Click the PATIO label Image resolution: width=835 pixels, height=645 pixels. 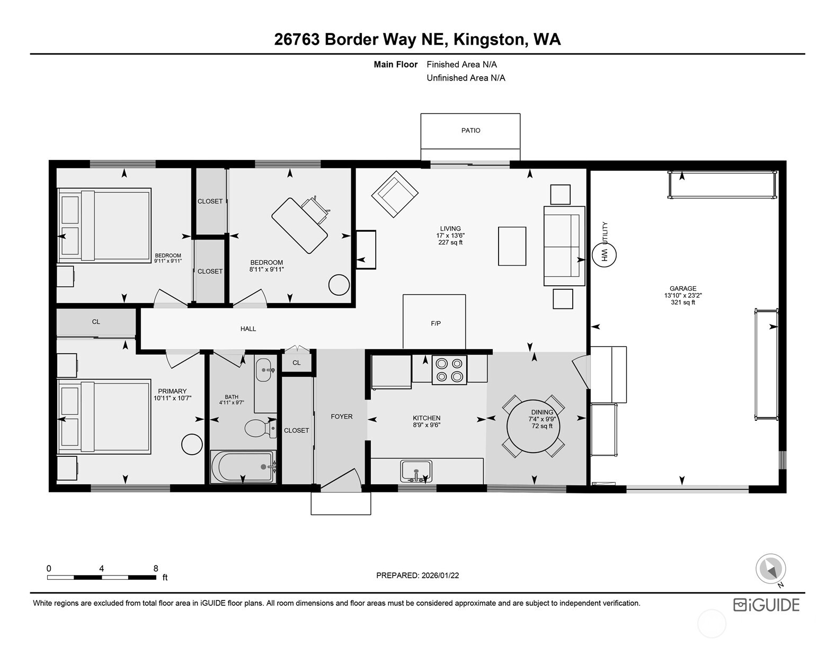pos(470,130)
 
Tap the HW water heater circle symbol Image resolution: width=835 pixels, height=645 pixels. pos(603,254)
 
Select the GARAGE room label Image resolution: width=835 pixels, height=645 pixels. pos(682,289)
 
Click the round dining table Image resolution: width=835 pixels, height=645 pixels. pos(534,426)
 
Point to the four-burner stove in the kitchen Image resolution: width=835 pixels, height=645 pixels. pos(449,369)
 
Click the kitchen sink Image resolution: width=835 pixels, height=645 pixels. pos(416,471)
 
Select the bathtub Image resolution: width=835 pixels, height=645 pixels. pos(243,467)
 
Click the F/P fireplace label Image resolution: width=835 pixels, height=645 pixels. pos(436,323)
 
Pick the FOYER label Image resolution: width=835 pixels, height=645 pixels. pos(341,417)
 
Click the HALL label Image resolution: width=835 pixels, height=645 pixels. pos(248,329)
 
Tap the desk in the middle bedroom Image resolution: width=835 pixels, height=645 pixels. pos(299,225)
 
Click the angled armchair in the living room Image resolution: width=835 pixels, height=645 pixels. pos(395,193)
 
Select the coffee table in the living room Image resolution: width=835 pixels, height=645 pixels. pos(512,246)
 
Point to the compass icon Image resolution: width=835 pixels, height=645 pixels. pos(770,570)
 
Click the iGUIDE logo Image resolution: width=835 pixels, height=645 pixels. pos(766,605)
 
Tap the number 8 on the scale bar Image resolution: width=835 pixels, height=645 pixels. pos(156,568)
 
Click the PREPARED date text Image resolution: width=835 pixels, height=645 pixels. pos(417,575)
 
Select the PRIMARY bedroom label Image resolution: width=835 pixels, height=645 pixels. pos(172,391)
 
